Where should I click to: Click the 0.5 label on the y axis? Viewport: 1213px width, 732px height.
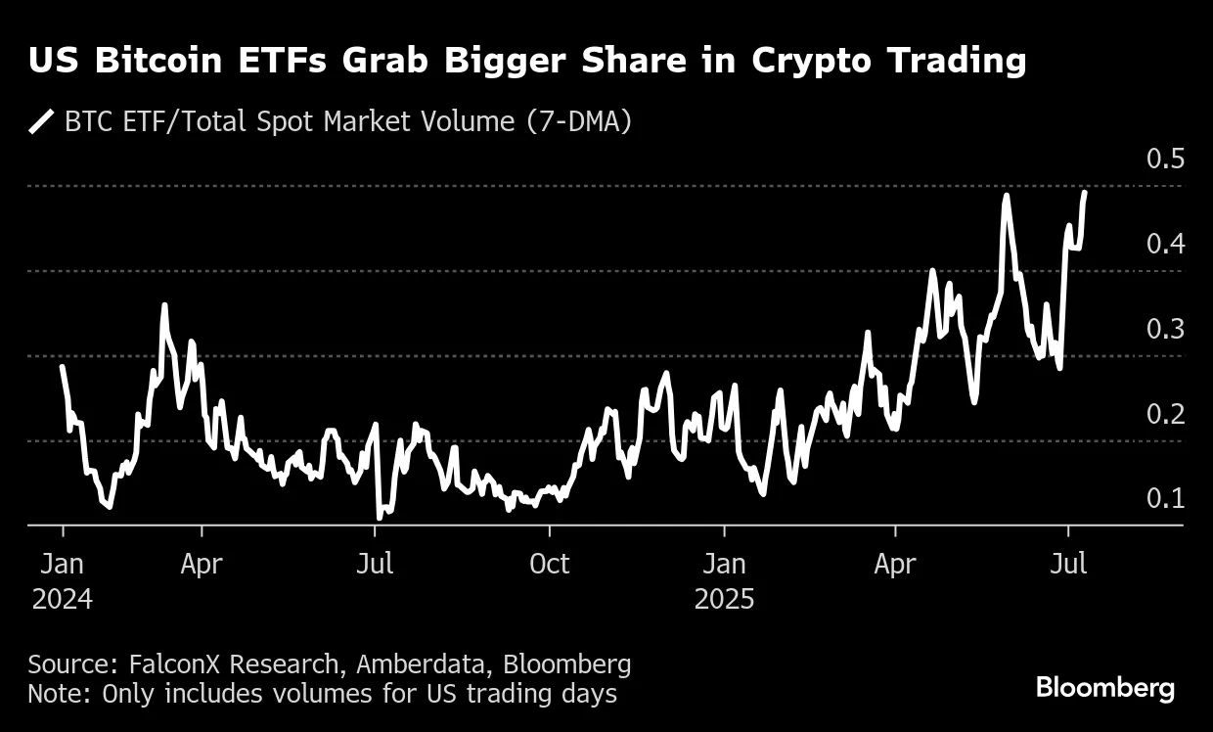tap(1165, 159)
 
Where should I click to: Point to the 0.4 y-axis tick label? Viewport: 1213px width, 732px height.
tap(1165, 244)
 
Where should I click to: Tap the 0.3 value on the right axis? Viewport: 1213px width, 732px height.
tap(1165, 329)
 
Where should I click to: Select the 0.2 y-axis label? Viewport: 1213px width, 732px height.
tap(1165, 414)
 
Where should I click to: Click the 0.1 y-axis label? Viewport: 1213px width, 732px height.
tap(1165, 499)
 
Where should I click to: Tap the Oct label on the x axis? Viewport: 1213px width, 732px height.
tap(549, 565)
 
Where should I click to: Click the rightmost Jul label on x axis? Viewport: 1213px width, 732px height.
tap(1068, 565)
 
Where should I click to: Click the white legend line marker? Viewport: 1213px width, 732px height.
tap(42, 122)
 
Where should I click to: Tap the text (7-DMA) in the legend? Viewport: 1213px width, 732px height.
tap(579, 122)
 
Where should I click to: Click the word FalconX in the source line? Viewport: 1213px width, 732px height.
tap(176, 664)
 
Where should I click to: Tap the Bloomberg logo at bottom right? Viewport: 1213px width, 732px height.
tap(1104, 688)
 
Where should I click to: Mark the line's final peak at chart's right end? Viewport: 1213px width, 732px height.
tap(1084, 193)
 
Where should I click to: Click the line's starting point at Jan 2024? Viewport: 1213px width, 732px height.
tap(63, 367)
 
